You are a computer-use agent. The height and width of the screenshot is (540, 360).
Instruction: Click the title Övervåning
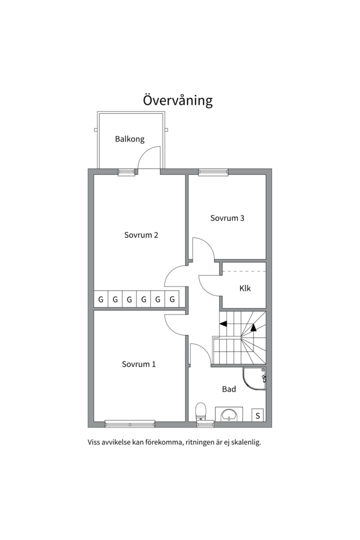click(x=177, y=100)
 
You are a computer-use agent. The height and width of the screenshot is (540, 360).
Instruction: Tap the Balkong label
click(x=129, y=139)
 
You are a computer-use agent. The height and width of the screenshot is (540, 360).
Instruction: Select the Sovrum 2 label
click(x=141, y=235)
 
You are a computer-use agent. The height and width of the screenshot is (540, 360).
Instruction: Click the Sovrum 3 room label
click(x=227, y=218)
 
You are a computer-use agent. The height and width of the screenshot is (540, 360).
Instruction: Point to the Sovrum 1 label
click(x=138, y=364)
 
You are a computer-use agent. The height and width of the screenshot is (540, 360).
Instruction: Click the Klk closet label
click(x=245, y=288)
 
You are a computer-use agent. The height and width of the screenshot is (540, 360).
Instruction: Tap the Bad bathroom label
click(x=229, y=388)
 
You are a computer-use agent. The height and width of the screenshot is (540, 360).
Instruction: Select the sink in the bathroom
click(x=229, y=414)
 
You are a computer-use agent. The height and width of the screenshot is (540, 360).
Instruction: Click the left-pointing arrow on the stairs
click(x=223, y=323)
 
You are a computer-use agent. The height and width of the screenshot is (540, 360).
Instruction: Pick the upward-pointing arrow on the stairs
click(x=253, y=328)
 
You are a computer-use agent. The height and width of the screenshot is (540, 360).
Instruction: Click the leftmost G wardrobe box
click(x=100, y=299)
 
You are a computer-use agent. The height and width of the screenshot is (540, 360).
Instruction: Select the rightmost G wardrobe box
click(x=172, y=299)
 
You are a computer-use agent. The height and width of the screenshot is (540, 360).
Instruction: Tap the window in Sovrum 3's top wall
click(x=213, y=172)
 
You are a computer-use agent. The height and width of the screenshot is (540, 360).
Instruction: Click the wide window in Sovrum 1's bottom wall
click(x=130, y=424)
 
